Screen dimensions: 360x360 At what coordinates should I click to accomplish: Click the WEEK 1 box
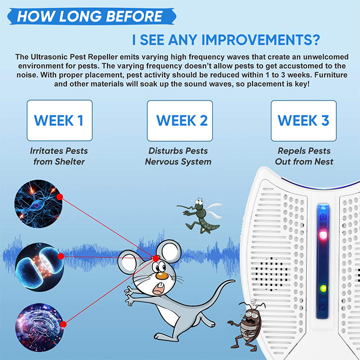pyautogui.click(x=59, y=121)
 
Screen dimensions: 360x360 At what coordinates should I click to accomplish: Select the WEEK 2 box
pyautogui.click(x=180, y=121)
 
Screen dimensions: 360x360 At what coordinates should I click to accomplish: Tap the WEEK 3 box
pyautogui.click(x=304, y=121)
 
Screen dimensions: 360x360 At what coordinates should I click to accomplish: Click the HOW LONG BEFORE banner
pyautogui.click(x=91, y=16)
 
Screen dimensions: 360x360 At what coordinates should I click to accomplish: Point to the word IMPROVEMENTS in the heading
pyautogui.click(x=261, y=40)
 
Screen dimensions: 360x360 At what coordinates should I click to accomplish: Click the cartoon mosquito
pyautogui.click(x=199, y=215)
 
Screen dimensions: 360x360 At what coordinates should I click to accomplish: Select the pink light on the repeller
pyautogui.click(x=323, y=235)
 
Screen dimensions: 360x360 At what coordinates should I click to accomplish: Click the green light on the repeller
pyautogui.click(x=323, y=289)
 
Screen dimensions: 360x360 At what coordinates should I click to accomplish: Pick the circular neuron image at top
pyautogui.click(x=38, y=204)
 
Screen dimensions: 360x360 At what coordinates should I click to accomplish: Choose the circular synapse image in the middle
pyautogui.click(x=39, y=267)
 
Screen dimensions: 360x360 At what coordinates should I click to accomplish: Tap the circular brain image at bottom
pyautogui.click(x=39, y=328)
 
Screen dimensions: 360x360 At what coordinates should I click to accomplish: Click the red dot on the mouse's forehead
pyautogui.click(x=156, y=258)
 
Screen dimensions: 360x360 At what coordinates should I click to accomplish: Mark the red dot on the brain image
pyautogui.click(x=63, y=324)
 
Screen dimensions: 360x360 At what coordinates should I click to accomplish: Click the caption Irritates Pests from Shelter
pyautogui.click(x=59, y=156)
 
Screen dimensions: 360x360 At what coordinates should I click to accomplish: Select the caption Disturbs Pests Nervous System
pyautogui.click(x=178, y=156)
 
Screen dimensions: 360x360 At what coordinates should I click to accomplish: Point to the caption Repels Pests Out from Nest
pyautogui.click(x=304, y=156)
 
